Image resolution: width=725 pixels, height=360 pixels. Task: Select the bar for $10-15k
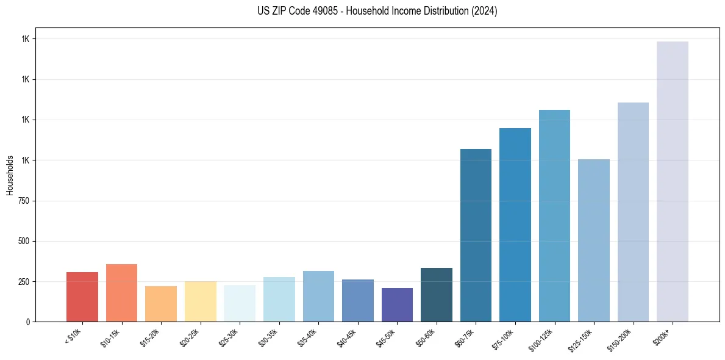(x=121, y=293)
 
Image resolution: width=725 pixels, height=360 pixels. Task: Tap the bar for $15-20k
(x=161, y=304)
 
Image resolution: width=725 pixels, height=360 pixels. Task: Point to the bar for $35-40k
(x=318, y=296)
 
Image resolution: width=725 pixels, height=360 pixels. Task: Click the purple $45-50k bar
(x=397, y=304)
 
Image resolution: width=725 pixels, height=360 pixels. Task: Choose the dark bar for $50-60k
(x=437, y=295)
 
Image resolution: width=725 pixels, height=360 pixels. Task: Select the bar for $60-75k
(x=476, y=235)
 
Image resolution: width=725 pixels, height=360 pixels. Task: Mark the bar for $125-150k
(x=594, y=240)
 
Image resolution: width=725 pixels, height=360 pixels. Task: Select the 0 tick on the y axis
(x=28, y=322)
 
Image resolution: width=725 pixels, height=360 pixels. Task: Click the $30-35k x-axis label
(x=269, y=338)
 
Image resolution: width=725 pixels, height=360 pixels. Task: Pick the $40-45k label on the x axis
(x=348, y=338)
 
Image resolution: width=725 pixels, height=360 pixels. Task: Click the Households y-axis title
(x=10, y=175)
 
